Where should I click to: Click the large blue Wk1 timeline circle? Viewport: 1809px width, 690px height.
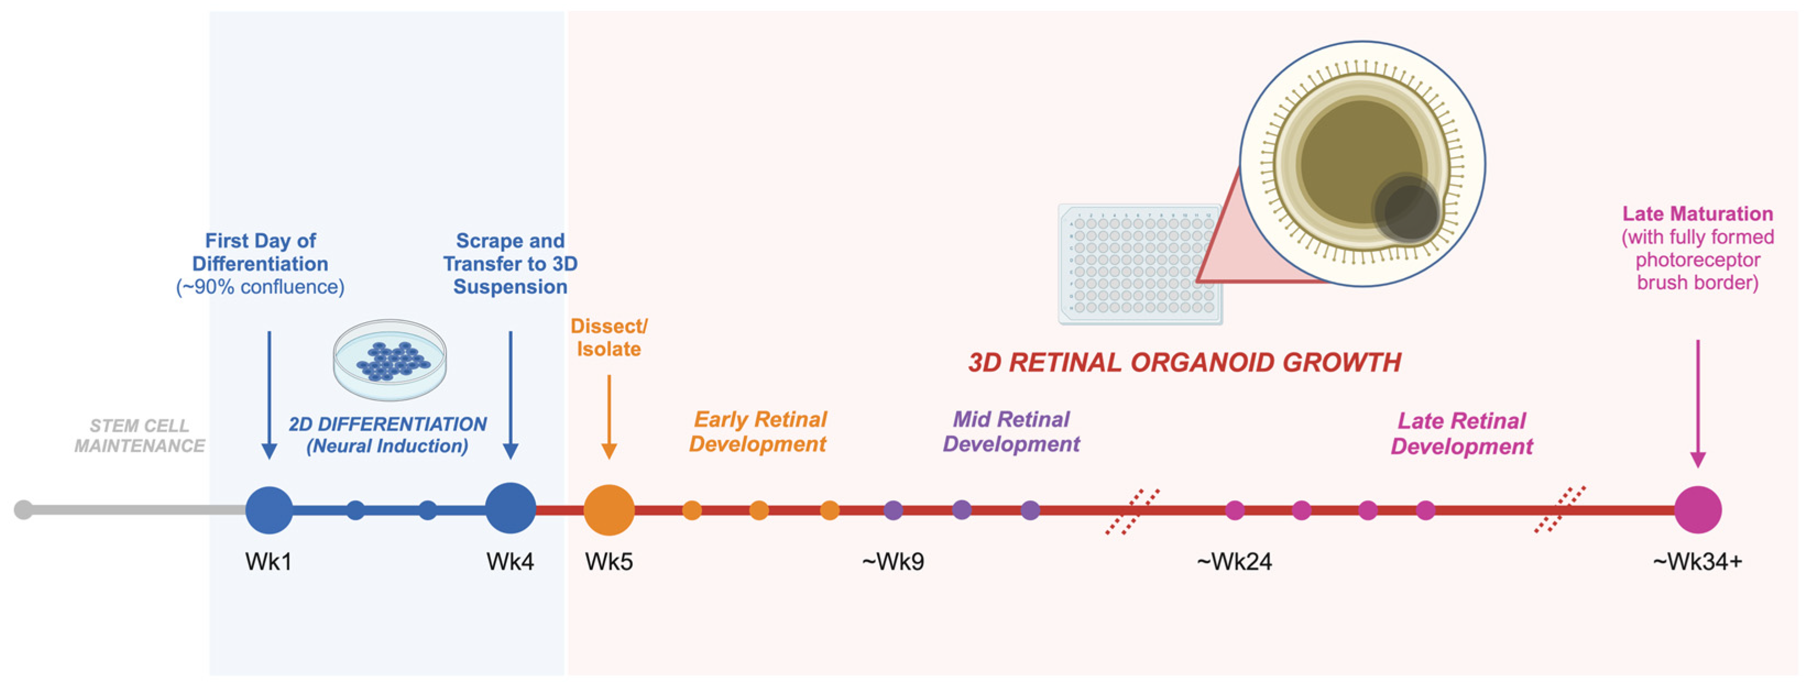269,510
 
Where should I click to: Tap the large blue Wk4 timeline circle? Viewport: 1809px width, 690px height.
511,508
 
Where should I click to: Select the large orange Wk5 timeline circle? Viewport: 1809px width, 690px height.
609,510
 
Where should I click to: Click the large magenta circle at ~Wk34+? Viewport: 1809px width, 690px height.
1697,510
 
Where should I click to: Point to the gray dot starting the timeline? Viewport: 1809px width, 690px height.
23,510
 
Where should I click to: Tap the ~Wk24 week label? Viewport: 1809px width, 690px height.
1234,561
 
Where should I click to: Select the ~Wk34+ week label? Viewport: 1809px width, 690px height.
1697,561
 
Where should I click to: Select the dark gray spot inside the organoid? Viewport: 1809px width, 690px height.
1407,208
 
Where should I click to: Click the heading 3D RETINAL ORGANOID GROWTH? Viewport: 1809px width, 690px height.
1184,363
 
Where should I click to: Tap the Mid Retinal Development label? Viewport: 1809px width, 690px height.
1011,432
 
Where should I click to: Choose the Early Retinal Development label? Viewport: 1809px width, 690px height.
759,432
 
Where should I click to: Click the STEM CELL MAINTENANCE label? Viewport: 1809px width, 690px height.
140,436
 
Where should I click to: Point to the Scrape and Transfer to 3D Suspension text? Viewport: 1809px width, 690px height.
511,263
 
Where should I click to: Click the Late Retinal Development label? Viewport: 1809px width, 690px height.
1462,434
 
